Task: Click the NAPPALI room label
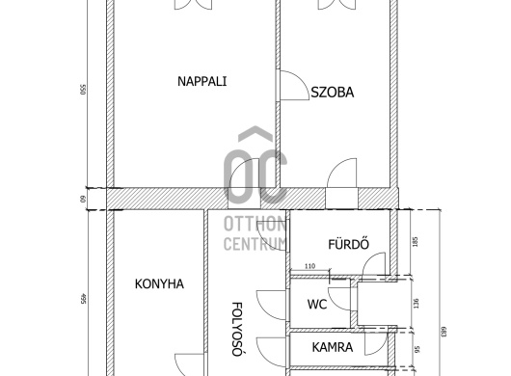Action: pyautogui.click(x=202, y=81)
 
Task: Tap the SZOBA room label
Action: pyautogui.click(x=332, y=94)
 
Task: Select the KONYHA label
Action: pyautogui.click(x=159, y=283)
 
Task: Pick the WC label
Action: pyautogui.click(x=317, y=304)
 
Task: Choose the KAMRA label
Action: pyautogui.click(x=332, y=347)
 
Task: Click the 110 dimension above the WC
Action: pyautogui.click(x=309, y=265)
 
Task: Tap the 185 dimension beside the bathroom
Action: pyautogui.click(x=415, y=241)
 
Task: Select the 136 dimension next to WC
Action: pyautogui.click(x=415, y=304)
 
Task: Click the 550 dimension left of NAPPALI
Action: pyautogui.click(x=86, y=96)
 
